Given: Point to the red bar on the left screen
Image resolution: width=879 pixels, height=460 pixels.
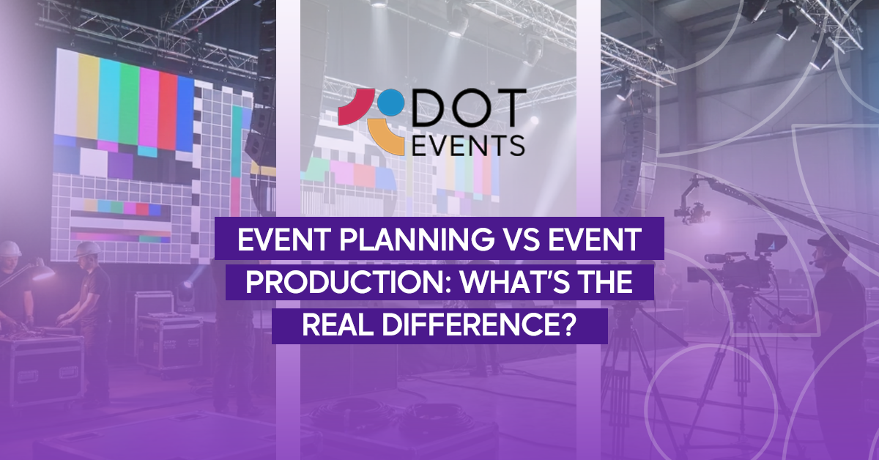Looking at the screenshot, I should (168, 106).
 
